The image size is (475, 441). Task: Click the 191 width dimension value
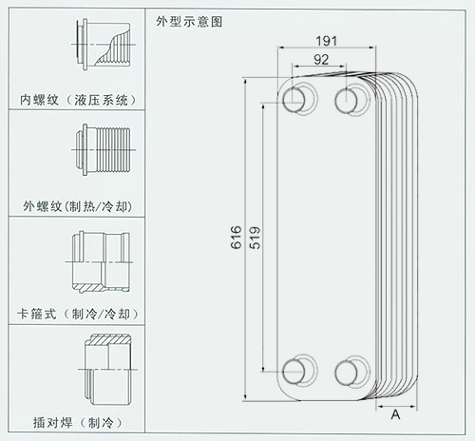tap(327, 41)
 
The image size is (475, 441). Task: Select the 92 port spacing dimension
tap(321, 60)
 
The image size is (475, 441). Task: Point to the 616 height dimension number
tap(237, 238)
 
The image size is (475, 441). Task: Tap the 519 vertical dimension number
tap(255, 238)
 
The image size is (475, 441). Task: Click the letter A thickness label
tap(395, 414)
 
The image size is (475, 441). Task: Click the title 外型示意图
tap(189, 22)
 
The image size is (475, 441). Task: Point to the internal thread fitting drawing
tap(104, 44)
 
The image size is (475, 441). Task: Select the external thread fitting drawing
tap(104, 150)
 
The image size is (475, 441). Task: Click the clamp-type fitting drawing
tap(100, 261)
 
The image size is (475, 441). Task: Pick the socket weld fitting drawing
tap(108, 369)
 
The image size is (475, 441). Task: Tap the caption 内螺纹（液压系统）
tap(78, 100)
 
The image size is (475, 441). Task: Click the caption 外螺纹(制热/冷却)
tap(78, 206)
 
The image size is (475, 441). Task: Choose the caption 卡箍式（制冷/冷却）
tap(78, 314)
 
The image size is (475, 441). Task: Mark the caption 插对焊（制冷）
tap(78, 423)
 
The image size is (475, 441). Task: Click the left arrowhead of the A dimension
tap(379, 406)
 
